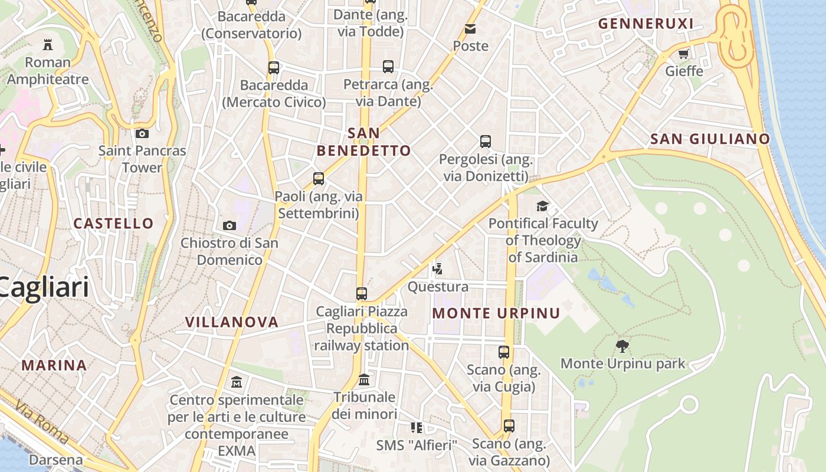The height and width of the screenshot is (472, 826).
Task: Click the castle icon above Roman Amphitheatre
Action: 48,44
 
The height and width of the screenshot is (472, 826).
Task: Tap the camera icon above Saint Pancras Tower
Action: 142,133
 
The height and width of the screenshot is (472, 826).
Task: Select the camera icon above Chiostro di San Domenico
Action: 230,225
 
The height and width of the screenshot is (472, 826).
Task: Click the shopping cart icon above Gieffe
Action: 684,54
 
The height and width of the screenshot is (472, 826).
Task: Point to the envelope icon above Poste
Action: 470,28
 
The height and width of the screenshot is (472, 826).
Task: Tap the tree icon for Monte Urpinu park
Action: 622,346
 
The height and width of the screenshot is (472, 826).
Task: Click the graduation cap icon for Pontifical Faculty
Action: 542,206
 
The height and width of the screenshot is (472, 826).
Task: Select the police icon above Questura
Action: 438,270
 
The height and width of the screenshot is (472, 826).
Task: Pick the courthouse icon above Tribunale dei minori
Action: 364,379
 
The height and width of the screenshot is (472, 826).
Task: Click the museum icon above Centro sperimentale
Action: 237,382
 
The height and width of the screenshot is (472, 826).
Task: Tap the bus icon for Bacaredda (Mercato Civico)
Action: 274,67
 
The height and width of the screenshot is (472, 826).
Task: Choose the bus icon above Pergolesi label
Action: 486,142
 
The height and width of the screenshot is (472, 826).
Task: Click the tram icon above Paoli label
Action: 319,178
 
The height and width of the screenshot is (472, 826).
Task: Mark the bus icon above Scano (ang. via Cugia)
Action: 504,352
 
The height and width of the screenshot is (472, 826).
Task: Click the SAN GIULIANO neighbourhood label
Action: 710,139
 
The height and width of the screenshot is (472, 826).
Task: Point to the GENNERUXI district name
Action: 645,24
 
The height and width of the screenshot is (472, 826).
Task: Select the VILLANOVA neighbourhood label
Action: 232,322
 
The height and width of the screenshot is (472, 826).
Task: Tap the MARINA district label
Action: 54,365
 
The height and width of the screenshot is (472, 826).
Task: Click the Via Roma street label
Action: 42,422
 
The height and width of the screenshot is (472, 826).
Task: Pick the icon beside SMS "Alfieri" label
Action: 417,428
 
